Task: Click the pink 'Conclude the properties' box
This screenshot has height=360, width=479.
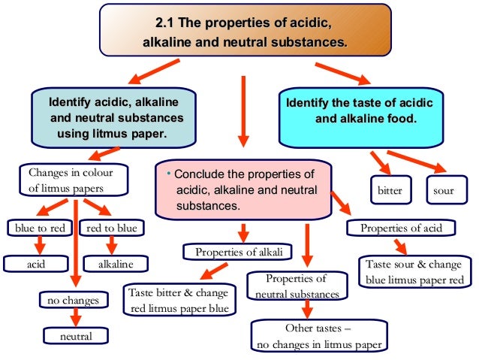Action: [245, 189]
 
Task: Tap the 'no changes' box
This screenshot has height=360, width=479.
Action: [74, 300]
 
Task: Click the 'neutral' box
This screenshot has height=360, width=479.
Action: [76, 336]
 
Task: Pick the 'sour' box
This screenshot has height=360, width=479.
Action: [444, 190]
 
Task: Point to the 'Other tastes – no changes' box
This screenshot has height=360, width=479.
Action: [318, 337]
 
